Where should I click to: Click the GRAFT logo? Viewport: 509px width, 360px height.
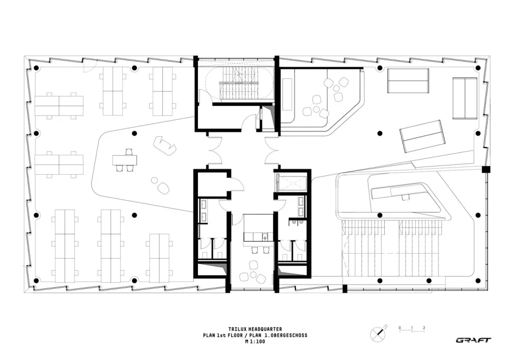coord(473,340)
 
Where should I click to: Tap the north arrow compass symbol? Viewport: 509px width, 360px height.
coord(378,332)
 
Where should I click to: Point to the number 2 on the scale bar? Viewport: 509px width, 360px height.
coord(423,327)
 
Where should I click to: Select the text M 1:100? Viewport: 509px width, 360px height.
coord(254,342)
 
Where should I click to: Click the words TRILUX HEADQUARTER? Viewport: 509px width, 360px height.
coord(254,329)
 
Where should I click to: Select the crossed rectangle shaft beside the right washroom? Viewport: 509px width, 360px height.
coord(291,182)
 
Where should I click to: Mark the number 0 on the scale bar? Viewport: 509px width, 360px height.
coord(400,327)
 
